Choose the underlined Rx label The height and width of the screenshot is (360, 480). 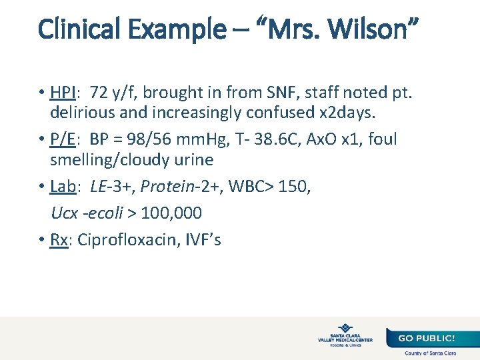click(x=59, y=239)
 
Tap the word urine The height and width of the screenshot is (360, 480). click(x=191, y=161)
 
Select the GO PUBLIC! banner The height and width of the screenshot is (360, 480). click(x=427, y=338)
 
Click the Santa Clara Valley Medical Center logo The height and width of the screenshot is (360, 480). click(x=345, y=335)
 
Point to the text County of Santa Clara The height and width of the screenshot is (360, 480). click(x=430, y=353)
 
